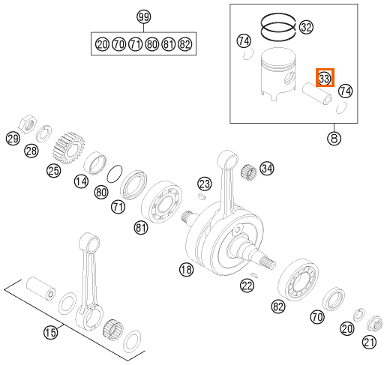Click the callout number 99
144,17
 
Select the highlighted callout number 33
325,78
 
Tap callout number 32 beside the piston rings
306,27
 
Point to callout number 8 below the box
334,138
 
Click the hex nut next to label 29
28,124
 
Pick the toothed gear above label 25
68,148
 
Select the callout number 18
187,270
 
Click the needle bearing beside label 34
249,171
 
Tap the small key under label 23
202,196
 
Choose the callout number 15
50,332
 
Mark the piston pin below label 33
317,94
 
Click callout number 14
81,181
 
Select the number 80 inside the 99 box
152,44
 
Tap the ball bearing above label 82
298,280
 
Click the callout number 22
247,286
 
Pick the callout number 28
31,151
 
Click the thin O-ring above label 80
115,174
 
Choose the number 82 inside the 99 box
185,44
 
